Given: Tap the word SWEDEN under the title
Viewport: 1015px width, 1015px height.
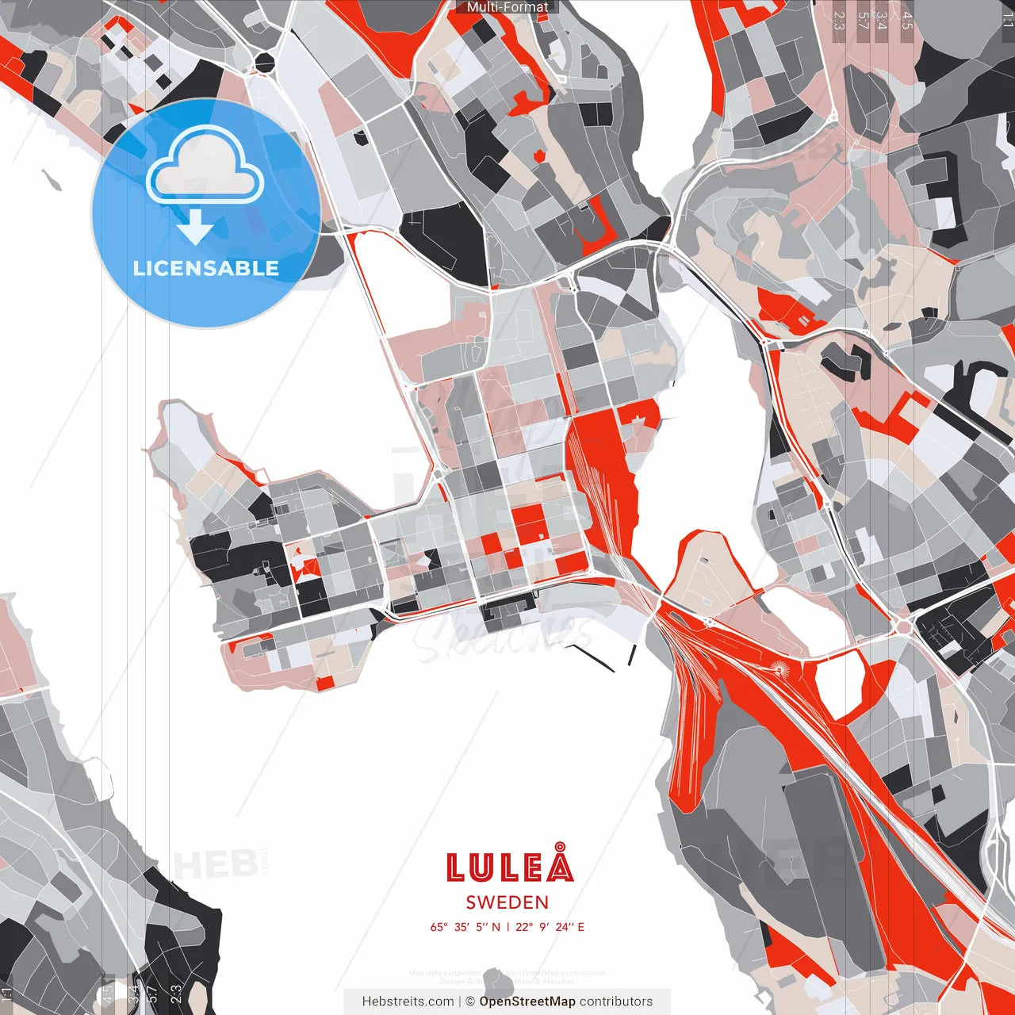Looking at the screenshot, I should point(507,902).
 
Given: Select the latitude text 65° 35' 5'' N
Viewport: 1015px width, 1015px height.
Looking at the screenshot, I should point(465,927).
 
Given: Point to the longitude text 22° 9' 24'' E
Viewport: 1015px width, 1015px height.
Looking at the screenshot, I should point(550,927).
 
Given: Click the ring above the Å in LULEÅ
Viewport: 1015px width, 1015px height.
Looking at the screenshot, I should point(561,847).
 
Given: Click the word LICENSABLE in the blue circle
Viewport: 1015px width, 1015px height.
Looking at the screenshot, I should point(206,268).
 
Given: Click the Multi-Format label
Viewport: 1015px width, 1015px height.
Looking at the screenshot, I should point(507,7).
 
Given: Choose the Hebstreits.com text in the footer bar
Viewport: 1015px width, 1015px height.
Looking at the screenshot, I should point(408,1002).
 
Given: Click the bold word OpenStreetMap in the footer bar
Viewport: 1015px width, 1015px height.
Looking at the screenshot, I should point(527,1002).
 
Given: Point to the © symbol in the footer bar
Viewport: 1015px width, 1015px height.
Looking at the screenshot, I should point(469,1002).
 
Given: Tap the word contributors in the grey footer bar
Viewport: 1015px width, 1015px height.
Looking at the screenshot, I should point(616,1002).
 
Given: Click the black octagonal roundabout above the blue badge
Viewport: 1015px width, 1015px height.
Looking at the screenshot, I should point(264,62).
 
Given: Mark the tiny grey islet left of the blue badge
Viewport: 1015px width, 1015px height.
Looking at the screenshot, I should point(52,180).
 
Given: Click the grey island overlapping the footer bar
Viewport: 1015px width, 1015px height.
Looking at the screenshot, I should point(498,985).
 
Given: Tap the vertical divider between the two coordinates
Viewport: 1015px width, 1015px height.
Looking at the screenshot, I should point(507,927).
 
